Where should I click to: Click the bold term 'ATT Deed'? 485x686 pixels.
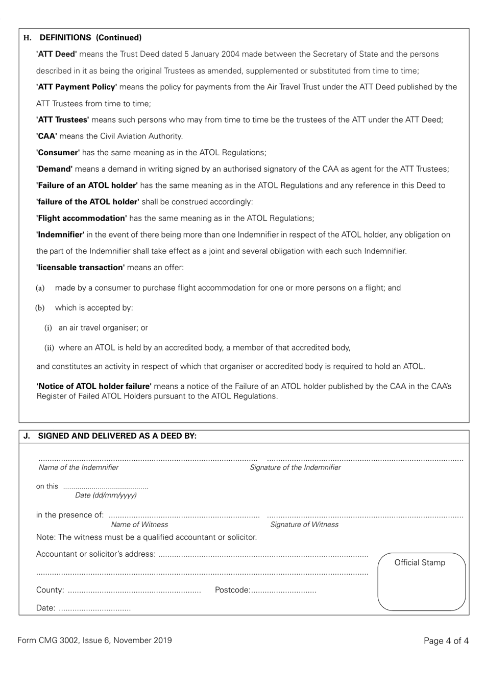[56, 54]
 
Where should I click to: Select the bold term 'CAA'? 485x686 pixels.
[46, 136]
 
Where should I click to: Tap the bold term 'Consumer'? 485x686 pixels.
[58, 153]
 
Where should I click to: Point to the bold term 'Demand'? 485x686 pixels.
[54, 169]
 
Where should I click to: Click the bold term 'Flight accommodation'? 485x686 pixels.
[81, 218]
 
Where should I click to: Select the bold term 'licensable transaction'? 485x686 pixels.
[80, 268]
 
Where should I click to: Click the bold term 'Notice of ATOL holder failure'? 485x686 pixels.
[94, 387]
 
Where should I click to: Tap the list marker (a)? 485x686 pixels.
[40, 288]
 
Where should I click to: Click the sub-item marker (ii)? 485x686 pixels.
[49, 348]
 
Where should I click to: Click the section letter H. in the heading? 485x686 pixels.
[28, 38]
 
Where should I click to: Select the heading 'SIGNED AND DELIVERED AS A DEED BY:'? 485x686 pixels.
[117, 436]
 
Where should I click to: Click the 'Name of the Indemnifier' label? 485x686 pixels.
[79, 468]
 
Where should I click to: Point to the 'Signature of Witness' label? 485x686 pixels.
[304, 525]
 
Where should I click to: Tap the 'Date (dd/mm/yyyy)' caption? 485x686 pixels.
[106, 495]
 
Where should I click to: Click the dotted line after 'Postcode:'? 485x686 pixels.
[284, 591]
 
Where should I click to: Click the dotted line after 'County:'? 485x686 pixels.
[134, 591]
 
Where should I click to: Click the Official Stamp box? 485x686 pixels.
[421, 582]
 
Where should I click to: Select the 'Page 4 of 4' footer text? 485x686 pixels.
[446, 641]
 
